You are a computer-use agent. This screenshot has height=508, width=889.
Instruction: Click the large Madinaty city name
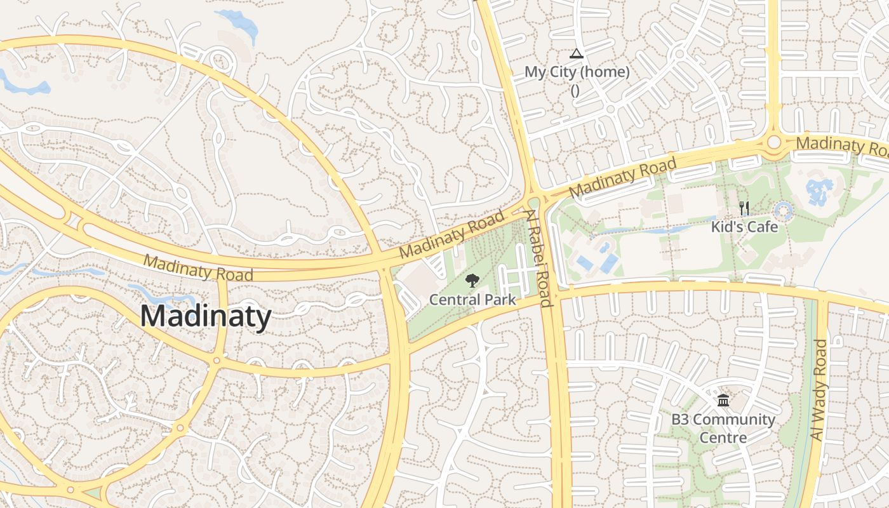click(205, 316)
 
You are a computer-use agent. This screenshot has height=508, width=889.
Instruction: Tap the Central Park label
click(472, 299)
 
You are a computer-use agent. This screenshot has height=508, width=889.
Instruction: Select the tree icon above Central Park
click(472, 281)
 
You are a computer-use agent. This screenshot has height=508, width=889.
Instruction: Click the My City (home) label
click(577, 72)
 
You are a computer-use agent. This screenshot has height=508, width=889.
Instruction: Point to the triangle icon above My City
click(576, 53)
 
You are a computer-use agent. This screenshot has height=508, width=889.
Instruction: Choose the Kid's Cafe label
click(744, 226)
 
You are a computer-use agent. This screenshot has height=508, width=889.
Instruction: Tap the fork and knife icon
click(744, 208)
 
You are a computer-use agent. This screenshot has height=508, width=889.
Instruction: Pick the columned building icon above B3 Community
click(723, 400)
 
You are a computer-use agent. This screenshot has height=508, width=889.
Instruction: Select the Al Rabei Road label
click(539, 258)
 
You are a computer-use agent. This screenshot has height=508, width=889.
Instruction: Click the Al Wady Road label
click(820, 390)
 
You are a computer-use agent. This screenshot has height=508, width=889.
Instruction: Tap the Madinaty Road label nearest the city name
click(197, 267)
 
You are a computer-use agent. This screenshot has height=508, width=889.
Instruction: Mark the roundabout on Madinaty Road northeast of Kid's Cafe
click(773, 142)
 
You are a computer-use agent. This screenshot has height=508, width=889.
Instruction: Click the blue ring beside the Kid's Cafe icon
click(784, 210)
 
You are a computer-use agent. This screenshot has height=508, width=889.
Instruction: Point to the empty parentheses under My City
click(575, 90)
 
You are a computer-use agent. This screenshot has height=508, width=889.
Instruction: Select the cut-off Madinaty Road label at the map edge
click(842, 146)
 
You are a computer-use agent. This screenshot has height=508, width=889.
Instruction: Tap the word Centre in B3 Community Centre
click(723, 438)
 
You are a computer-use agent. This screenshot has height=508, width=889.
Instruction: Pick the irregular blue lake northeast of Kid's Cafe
click(819, 190)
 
